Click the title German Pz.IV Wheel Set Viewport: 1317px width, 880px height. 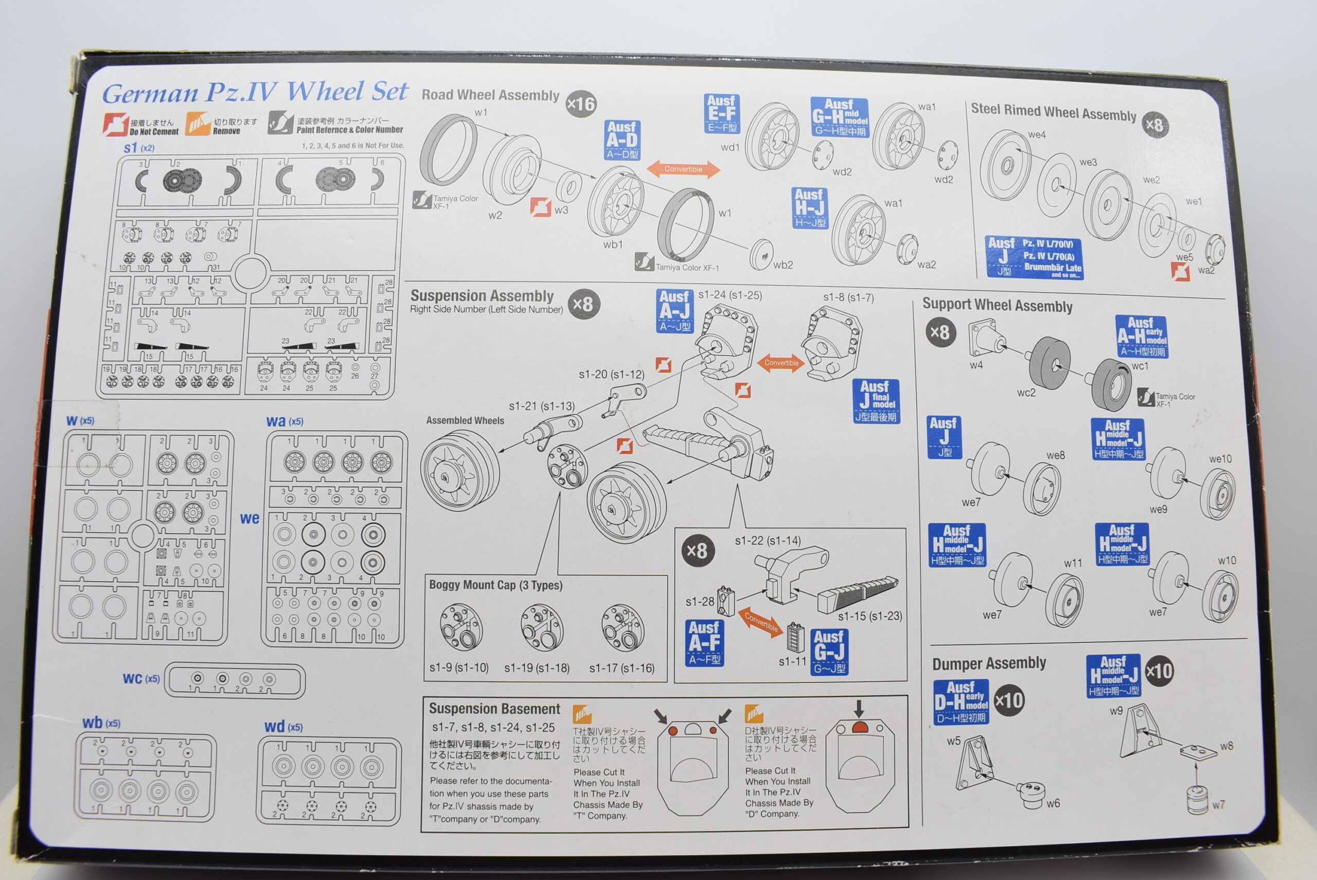[256, 93]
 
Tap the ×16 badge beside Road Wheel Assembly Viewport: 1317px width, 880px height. [581, 104]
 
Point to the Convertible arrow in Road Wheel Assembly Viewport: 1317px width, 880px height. [683, 169]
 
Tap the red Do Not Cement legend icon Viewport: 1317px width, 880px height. [116, 124]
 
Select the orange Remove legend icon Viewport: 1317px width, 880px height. [197, 124]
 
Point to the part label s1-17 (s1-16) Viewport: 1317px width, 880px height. [621, 668]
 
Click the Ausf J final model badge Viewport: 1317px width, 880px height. [876, 401]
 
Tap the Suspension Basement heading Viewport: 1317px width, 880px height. [494, 709]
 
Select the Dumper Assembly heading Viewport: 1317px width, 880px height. [989, 663]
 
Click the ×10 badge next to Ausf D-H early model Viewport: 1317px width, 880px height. [1009, 701]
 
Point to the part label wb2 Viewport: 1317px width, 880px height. [782, 265]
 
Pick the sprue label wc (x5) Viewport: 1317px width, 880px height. [141, 679]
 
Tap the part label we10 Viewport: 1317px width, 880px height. [1220, 459]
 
